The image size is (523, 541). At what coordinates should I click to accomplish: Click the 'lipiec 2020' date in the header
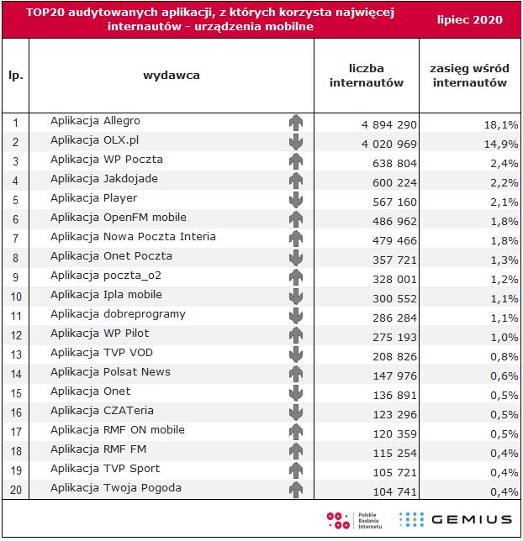(x=471, y=19)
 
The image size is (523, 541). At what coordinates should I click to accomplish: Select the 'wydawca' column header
(x=172, y=76)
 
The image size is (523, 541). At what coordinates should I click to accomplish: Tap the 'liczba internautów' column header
(x=366, y=75)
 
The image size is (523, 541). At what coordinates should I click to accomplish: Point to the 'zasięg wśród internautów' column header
(x=468, y=75)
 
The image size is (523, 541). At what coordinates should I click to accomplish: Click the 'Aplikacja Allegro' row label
(x=95, y=121)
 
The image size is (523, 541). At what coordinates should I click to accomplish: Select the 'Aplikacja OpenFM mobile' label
(x=118, y=218)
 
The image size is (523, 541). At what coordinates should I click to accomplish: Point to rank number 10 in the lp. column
(x=15, y=296)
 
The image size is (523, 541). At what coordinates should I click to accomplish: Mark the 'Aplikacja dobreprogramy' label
(x=118, y=314)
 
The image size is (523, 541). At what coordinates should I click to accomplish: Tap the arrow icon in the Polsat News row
(x=295, y=374)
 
